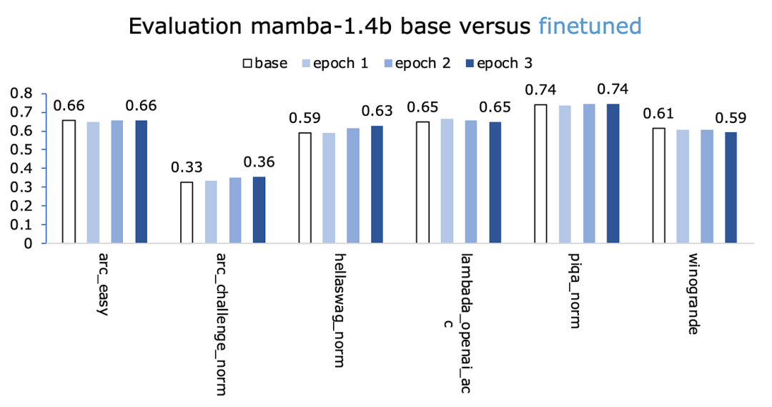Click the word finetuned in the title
coord(590,26)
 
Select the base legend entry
coord(265,64)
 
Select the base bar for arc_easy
coord(69,182)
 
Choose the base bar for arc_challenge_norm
coord(187,212)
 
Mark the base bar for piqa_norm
coord(540,174)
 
